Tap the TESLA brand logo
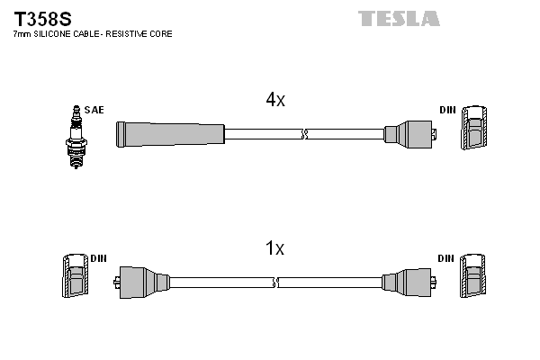pyautogui.click(x=399, y=18)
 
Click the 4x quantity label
pyautogui.click(x=275, y=101)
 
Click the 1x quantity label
pyautogui.click(x=275, y=248)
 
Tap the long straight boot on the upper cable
pyautogui.click(x=169, y=134)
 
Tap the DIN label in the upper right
pyautogui.click(x=447, y=110)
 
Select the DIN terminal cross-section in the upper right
pyautogui.click(x=474, y=129)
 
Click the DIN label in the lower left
pyautogui.click(x=98, y=258)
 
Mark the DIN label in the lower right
pyautogui.click(x=445, y=258)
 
